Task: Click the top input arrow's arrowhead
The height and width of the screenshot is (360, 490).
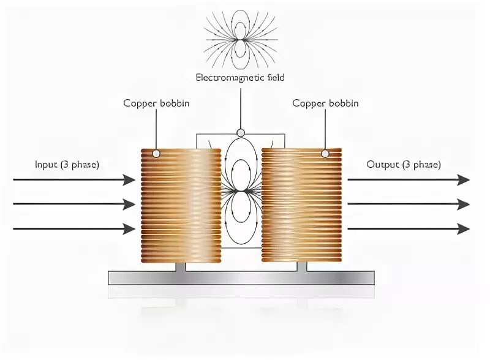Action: pyautogui.click(x=129, y=179)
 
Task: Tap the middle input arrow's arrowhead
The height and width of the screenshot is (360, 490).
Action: pyautogui.click(x=129, y=204)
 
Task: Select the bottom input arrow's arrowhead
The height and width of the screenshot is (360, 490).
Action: pyautogui.click(x=129, y=229)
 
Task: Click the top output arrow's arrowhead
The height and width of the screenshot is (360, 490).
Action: pyautogui.click(x=464, y=179)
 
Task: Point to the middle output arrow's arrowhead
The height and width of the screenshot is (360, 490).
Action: pyautogui.click(x=464, y=204)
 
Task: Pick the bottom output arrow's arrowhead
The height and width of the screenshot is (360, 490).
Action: pyautogui.click(x=464, y=229)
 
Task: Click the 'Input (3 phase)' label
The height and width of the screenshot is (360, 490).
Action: pyautogui.click(x=67, y=165)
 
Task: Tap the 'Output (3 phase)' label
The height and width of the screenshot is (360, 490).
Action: pyautogui.click(x=403, y=165)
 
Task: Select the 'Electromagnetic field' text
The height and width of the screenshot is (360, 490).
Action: pyautogui.click(x=240, y=78)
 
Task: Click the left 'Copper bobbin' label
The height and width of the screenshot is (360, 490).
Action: pyautogui.click(x=156, y=103)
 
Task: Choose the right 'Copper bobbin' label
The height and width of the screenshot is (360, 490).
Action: pyautogui.click(x=325, y=103)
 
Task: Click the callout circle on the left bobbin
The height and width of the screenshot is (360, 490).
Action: pyautogui.click(x=156, y=153)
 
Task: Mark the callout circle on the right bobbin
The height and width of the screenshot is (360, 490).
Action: pyautogui.click(x=325, y=153)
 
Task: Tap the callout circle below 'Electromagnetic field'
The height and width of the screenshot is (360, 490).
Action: pyautogui.click(x=241, y=132)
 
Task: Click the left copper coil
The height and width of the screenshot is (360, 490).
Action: pyautogui.click(x=181, y=205)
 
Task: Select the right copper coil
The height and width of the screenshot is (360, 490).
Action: pyautogui.click(x=301, y=205)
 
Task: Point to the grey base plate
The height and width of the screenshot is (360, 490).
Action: pyautogui.click(x=241, y=278)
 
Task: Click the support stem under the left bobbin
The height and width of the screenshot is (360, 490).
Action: pyautogui.click(x=181, y=266)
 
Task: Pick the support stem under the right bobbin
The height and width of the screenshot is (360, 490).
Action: pyautogui.click(x=301, y=266)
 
